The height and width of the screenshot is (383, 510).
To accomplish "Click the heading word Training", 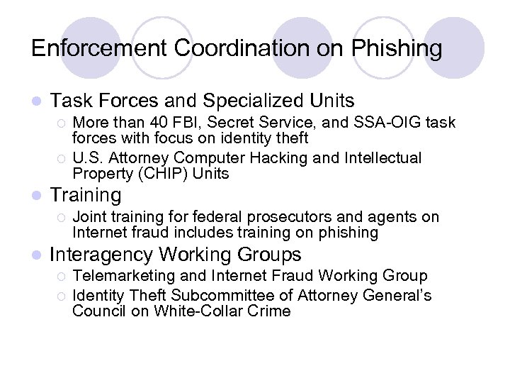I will [86, 194].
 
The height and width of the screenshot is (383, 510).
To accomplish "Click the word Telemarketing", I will [127, 276].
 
